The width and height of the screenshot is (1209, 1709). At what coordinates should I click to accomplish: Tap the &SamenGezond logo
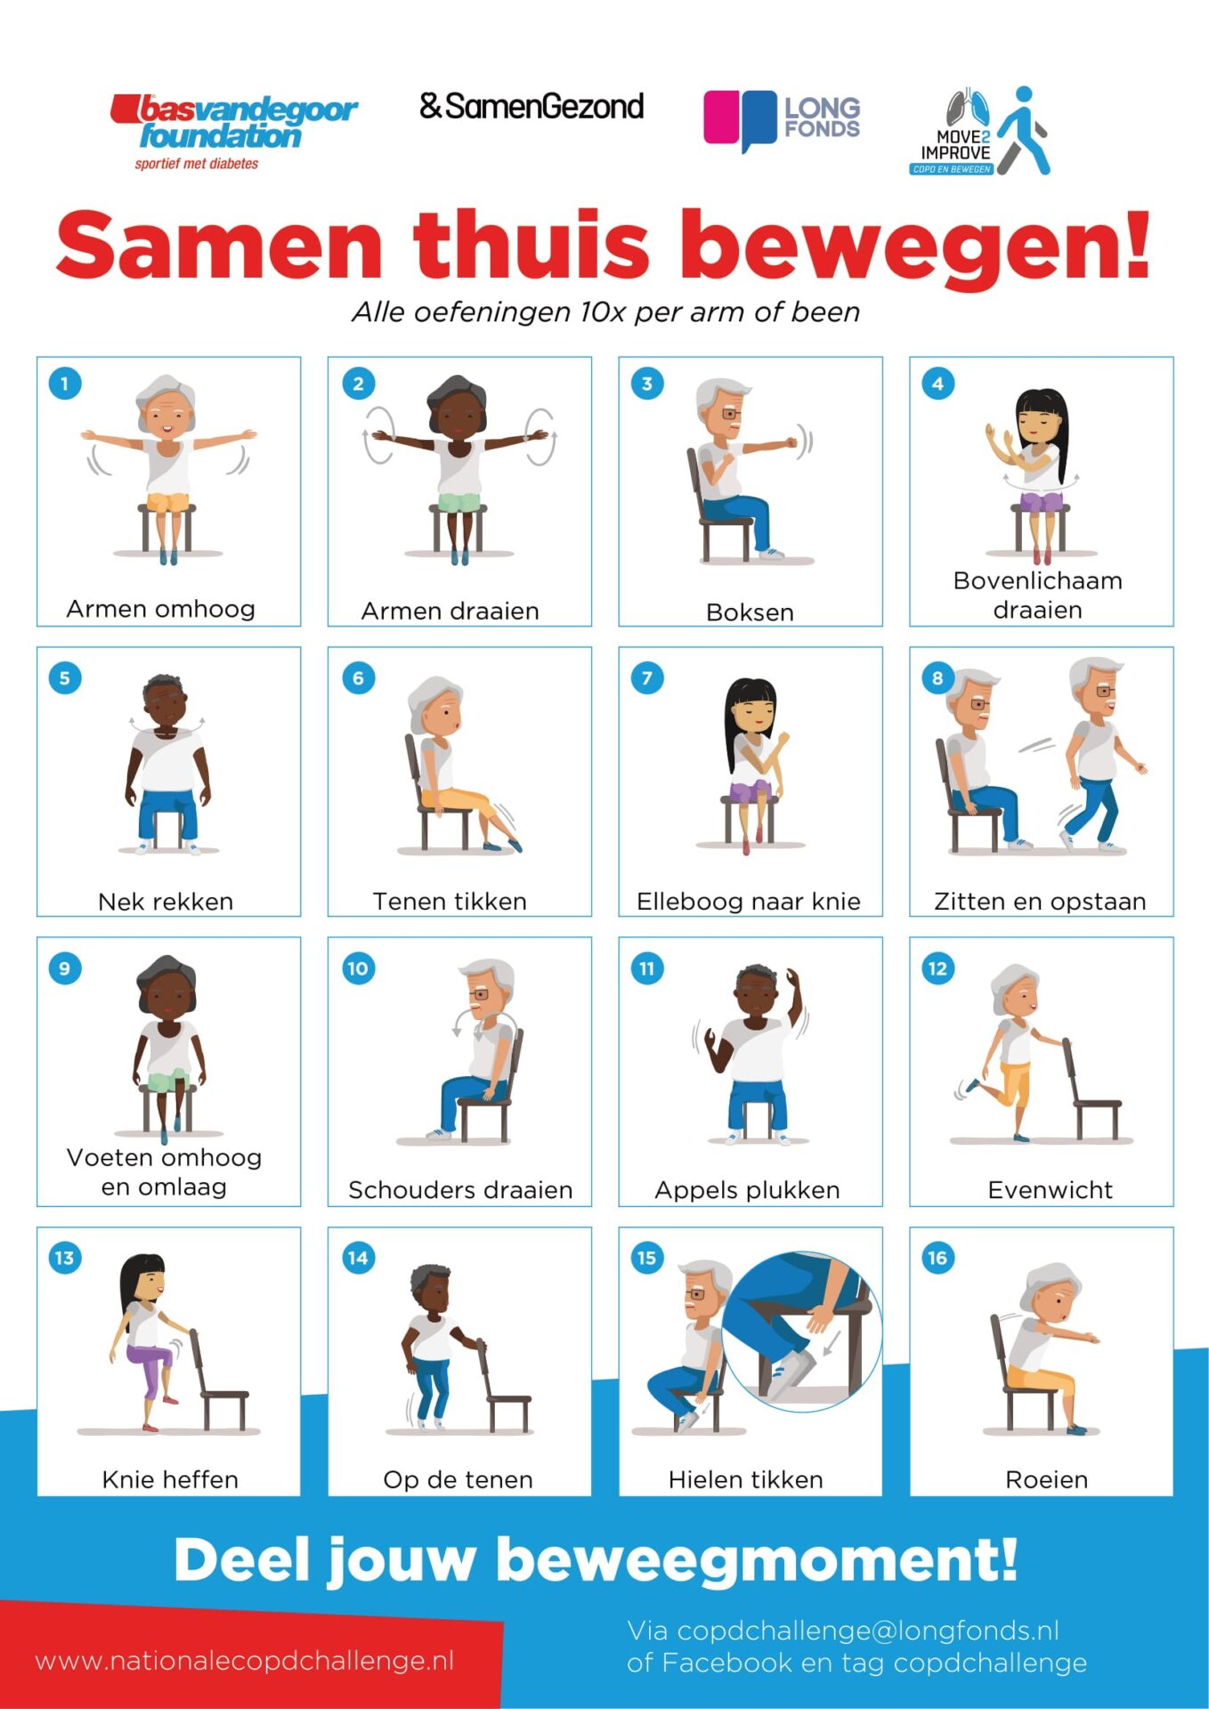click(531, 107)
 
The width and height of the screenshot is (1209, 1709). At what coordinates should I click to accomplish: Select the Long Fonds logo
click(782, 120)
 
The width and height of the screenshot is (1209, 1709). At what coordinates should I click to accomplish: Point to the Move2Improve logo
click(980, 131)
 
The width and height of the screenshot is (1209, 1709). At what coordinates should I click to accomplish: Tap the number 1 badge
click(65, 384)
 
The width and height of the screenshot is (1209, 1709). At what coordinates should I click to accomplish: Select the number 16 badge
click(937, 1258)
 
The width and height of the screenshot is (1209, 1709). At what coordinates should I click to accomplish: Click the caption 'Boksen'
click(750, 612)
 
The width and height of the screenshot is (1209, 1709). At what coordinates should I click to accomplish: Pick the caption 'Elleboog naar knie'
click(749, 902)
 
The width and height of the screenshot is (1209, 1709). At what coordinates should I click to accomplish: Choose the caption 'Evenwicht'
click(1050, 1190)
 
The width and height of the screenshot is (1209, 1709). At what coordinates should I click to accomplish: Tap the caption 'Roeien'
click(1046, 1479)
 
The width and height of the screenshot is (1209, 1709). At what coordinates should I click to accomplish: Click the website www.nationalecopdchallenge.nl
click(245, 1661)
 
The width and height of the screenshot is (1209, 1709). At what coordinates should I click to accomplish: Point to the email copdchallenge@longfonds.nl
click(868, 1631)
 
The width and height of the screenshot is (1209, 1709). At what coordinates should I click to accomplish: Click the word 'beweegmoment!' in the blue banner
click(756, 1560)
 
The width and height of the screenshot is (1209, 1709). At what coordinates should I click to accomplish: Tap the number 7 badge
click(647, 677)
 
